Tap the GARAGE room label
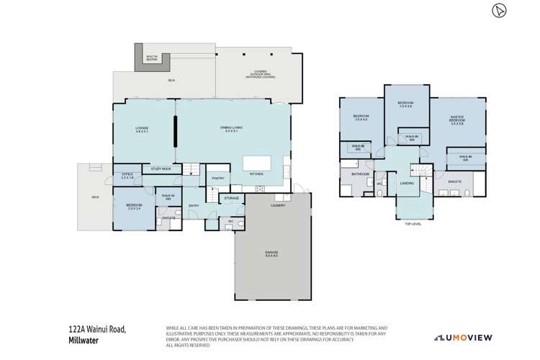coord(271,253)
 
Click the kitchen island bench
coord(256,163)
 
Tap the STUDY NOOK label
coord(161,169)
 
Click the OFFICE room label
coord(127,175)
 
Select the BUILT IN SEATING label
coord(152,57)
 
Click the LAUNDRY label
coord(278,205)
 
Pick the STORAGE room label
coord(231,197)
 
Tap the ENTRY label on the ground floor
coord(194,206)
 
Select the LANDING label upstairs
coord(405,184)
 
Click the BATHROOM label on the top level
coord(360,174)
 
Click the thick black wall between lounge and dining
coord(175,133)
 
